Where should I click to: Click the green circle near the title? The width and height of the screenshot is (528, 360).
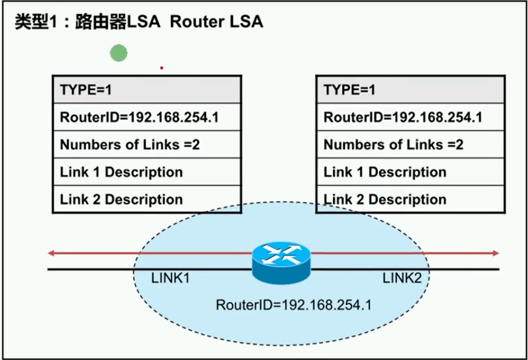point(118,53)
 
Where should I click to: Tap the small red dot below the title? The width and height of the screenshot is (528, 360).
point(161,68)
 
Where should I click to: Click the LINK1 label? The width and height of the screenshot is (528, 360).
point(170,278)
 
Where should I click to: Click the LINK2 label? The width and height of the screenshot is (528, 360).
point(402,278)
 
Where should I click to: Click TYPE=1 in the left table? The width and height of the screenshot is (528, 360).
point(86,90)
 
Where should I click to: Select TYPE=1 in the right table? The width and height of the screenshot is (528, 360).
point(349,90)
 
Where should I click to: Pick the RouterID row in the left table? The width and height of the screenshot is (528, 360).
point(139,117)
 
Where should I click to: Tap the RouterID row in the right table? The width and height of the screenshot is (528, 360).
point(403,117)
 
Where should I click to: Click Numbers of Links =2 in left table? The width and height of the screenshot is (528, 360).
point(130,145)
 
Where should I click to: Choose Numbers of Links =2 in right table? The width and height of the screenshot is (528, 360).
point(393,145)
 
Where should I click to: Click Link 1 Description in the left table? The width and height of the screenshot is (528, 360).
point(121,172)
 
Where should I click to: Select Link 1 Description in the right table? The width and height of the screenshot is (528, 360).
point(385,172)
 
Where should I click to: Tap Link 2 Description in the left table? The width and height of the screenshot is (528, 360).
point(121,200)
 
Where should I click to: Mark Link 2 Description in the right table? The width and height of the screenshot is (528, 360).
point(385,200)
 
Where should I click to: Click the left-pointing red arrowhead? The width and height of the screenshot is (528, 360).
point(51,253)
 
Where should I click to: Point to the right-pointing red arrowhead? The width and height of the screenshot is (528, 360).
point(496,253)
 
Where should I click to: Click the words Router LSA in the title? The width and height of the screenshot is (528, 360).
point(217,22)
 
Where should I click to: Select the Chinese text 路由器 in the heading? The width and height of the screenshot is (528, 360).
point(101,22)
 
